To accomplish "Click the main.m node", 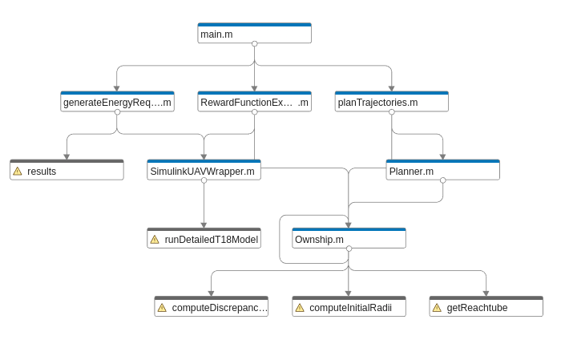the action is pos(254,34).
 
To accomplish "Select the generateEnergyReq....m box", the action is pos(117,102).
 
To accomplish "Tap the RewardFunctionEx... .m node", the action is pos(254,102).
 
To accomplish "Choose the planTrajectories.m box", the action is pos(391,102).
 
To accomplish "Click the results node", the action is pos(67,170).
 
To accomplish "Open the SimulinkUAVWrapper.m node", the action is pos(204,170).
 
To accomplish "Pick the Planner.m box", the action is pos(443,170).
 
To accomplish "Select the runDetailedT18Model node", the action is pos(204,238).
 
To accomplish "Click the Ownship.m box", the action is pos(349,238).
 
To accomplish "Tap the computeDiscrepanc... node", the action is pos(211,306).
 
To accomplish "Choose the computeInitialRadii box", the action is pos(349,306).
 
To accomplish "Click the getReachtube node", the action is pos(486,306).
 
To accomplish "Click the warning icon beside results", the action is pos(18,172).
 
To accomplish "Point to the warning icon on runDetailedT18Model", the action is pos(155,240).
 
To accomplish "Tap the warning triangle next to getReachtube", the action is pos(437,308).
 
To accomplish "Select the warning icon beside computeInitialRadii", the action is pos(300,308).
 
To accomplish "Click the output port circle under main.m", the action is pos(254,43).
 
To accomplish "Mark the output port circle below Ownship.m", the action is pos(349,249).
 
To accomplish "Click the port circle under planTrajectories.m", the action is pos(392,112).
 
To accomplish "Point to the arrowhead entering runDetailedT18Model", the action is pos(204,225).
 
